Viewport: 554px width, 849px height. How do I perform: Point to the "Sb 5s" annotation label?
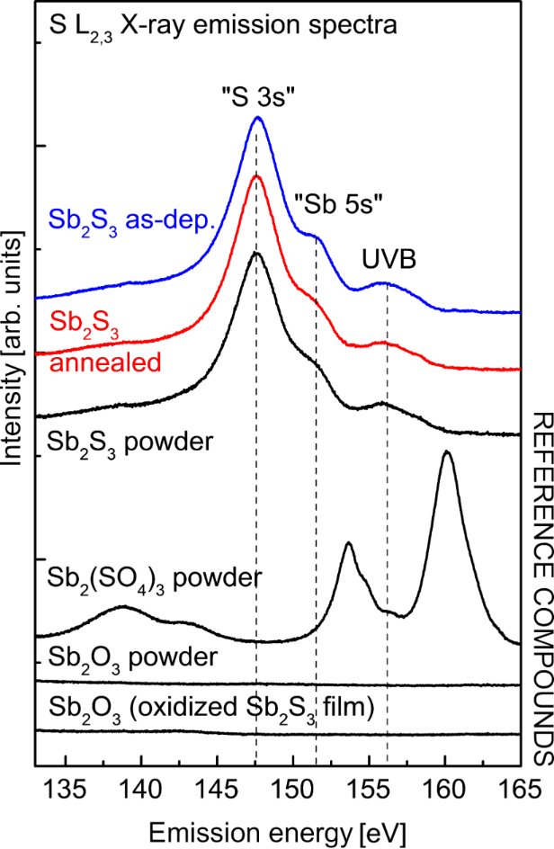point(340,204)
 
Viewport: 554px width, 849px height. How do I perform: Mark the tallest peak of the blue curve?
point(258,117)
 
